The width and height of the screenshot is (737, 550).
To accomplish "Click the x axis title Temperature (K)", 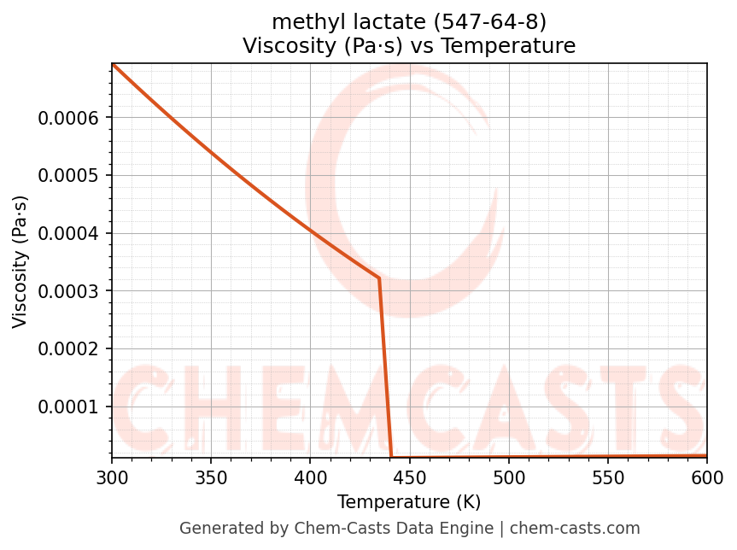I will [409, 502].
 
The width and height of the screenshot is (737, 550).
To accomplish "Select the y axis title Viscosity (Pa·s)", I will [20, 261].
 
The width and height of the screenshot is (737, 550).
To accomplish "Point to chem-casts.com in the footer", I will [575, 529].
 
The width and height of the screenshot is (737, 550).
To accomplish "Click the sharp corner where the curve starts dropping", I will [379, 278].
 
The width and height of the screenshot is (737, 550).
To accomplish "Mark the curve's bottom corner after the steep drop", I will [391, 457].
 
